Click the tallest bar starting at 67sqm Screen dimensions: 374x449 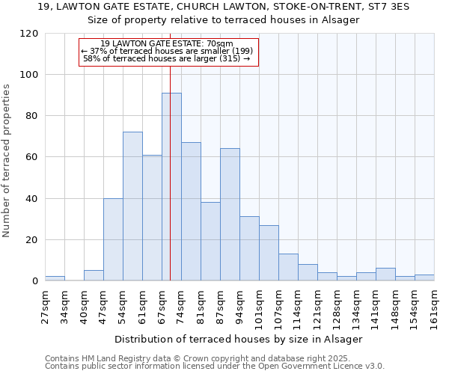pos(171,187)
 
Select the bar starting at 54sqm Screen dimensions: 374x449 pos(132,206)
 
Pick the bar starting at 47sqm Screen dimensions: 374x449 pos(113,239)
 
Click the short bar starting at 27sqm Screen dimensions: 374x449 pos(55,278)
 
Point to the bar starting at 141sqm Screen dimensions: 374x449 pos(385,275)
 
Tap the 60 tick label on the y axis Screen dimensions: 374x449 pos(32,157)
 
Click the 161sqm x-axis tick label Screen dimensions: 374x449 pos(434,306)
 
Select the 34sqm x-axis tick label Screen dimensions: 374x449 pos(64,306)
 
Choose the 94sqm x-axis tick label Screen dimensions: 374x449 pos(239,306)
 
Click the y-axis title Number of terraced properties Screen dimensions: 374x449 pos(7,161)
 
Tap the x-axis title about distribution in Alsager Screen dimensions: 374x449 pos(239,339)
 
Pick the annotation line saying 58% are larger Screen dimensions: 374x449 pos(167,58)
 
